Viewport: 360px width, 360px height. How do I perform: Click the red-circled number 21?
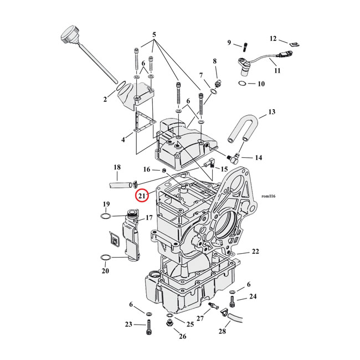[142, 196]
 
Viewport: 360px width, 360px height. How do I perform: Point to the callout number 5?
[155, 35]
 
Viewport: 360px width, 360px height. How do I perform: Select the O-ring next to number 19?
[107, 215]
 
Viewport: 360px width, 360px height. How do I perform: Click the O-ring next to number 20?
[104, 258]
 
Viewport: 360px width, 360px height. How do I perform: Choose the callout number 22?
[255, 251]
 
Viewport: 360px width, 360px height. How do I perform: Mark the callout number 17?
[148, 218]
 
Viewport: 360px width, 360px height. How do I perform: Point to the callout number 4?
[124, 140]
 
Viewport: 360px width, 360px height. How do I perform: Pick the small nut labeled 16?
[158, 170]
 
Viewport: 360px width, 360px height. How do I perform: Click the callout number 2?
[105, 99]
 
